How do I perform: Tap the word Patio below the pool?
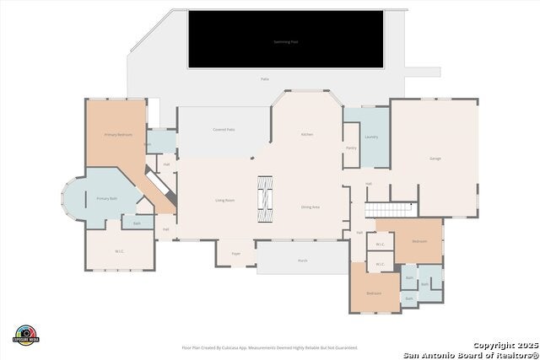pos(265,78)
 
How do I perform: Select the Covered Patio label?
pos(224,130)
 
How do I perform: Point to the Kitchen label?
pos(308,135)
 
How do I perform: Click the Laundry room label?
pos(370,136)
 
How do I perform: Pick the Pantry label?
pos(351,148)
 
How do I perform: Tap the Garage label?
pos(435,159)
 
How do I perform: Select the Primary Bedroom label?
pos(117,135)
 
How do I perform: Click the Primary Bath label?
pos(106,198)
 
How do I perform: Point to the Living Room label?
pos(224,200)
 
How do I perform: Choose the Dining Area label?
pos(310,207)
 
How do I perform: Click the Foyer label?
pos(236,252)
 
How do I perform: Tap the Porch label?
pos(303,261)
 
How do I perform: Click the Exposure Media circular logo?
pos(27,334)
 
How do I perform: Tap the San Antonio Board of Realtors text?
pos(470,354)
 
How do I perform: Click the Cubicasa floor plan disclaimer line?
pos(269,347)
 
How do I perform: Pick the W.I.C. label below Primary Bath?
pos(119,251)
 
